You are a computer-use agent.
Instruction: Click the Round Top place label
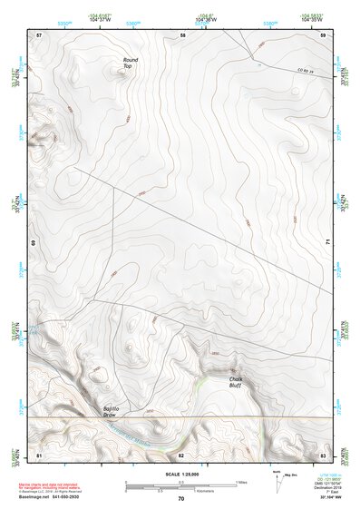pyautogui.click(x=131, y=64)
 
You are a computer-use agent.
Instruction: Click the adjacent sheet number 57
pyautogui.click(x=39, y=34)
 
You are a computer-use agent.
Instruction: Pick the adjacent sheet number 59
pyautogui.click(x=323, y=34)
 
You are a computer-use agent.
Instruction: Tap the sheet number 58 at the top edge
pyautogui.click(x=182, y=34)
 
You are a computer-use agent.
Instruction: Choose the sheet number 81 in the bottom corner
pyautogui.click(x=39, y=453)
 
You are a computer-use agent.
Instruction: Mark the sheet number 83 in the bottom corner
pyautogui.click(x=323, y=453)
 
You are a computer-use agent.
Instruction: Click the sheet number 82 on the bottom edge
pyautogui.click(x=181, y=453)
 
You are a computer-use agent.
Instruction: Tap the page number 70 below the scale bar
pyautogui.click(x=181, y=498)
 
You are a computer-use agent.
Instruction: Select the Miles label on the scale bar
pyautogui.click(x=239, y=481)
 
